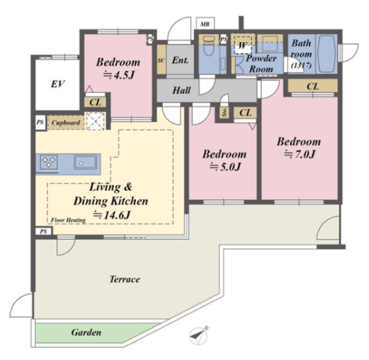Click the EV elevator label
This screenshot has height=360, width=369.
coord(58,84)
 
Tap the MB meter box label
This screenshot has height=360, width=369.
coord(205,24)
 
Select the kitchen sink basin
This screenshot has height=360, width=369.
coord(85,162)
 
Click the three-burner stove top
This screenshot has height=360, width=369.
coord(48,162)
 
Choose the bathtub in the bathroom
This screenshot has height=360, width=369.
coord(326,54)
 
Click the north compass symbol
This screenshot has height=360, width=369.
coord(199,336)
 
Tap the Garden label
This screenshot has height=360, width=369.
coord(86,332)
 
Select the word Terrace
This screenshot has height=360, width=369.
coord(125,279)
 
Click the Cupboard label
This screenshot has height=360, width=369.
coord(66,123)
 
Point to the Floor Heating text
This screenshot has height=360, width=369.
coord(68,220)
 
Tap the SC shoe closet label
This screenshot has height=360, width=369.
coord(161,61)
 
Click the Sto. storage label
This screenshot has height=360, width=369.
coord(224,112)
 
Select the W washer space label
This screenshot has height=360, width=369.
coord(242,45)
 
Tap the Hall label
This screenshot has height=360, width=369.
coord(182,91)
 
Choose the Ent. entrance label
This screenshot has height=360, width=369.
coord(180,60)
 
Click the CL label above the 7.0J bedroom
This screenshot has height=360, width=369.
coord(312,87)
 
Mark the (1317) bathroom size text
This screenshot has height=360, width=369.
coord(302,65)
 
